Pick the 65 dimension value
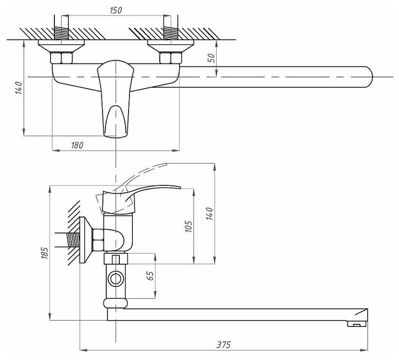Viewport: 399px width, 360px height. [150, 276]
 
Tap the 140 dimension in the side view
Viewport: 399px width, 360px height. [208, 213]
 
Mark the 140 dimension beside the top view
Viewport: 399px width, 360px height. [17, 89]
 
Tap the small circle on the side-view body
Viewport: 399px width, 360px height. [116, 279]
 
